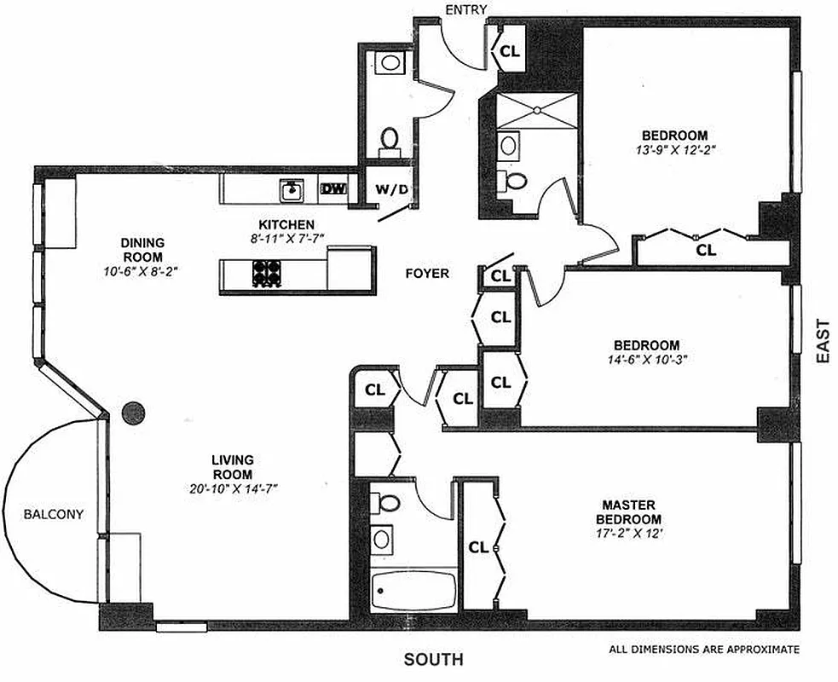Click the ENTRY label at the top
465,9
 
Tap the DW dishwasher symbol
333,189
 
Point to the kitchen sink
291,188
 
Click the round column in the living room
134,413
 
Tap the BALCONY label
54,514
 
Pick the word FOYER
427,274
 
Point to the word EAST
822,341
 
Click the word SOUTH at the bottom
434,659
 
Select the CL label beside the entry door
510,51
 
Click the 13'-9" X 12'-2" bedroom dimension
674,150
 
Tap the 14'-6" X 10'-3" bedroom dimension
646,360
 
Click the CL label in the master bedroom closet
478,547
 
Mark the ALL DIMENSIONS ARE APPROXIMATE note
704,650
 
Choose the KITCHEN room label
276,223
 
